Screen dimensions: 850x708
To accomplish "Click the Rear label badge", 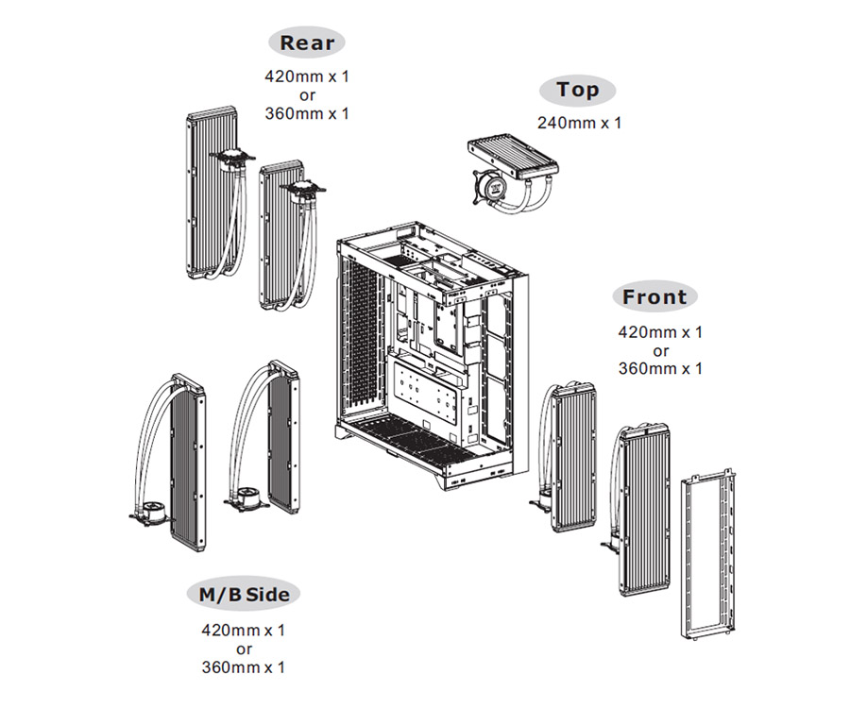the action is (307, 42).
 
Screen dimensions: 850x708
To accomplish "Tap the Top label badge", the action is (577, 90).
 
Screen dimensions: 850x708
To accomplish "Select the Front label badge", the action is (654, 296).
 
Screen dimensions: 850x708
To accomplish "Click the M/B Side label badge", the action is (244, 594).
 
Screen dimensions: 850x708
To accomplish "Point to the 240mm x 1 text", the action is (579, 123).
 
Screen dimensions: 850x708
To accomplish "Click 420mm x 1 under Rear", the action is (307, 76).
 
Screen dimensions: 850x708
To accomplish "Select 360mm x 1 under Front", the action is (660, 369).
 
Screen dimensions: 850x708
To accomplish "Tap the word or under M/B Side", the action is (244, 649).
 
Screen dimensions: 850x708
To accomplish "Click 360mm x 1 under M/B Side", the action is (244, 666).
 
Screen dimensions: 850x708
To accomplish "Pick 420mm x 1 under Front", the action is (660, 332).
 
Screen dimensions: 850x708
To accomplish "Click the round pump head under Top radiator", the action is (489, 188).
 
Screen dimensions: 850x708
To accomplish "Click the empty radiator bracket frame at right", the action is (708, 555).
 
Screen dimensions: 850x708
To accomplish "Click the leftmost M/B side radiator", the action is (188, 464).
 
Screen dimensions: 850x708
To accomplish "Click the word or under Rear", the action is (307, 96).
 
